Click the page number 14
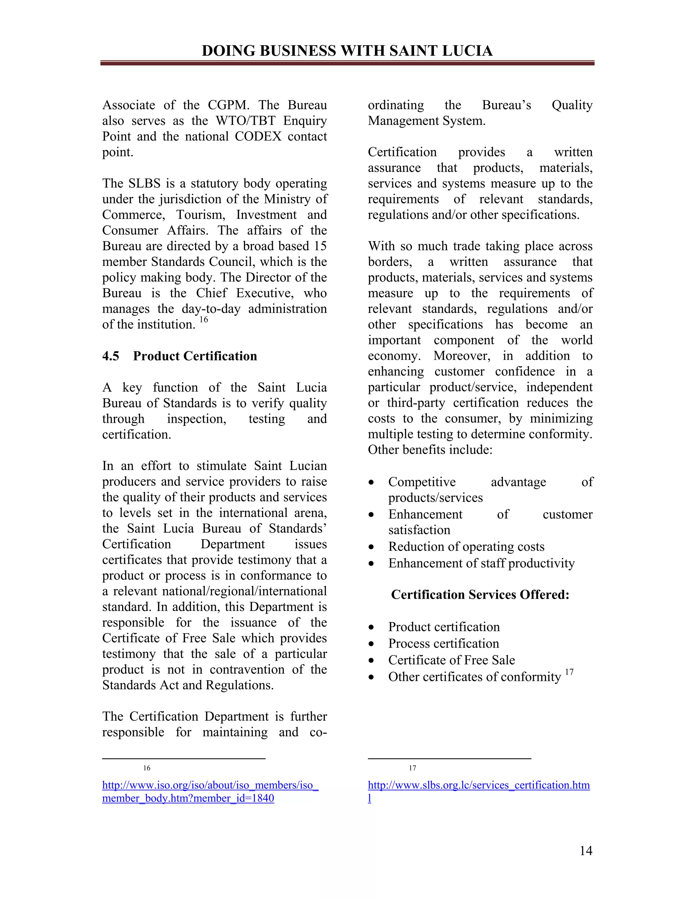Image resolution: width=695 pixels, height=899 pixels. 585,851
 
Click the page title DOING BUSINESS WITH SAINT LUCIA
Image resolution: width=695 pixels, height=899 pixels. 347,51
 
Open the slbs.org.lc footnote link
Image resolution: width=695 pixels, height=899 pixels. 478,785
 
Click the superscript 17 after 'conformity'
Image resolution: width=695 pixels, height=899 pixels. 569,672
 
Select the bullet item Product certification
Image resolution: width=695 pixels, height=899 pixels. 444,627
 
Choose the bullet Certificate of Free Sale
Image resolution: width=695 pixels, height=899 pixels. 451,660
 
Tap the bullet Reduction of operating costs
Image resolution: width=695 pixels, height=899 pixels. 466,546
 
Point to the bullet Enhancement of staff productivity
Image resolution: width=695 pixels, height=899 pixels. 481,563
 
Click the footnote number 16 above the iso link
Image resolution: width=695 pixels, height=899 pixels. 147,768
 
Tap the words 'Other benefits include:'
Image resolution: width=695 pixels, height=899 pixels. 430,449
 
